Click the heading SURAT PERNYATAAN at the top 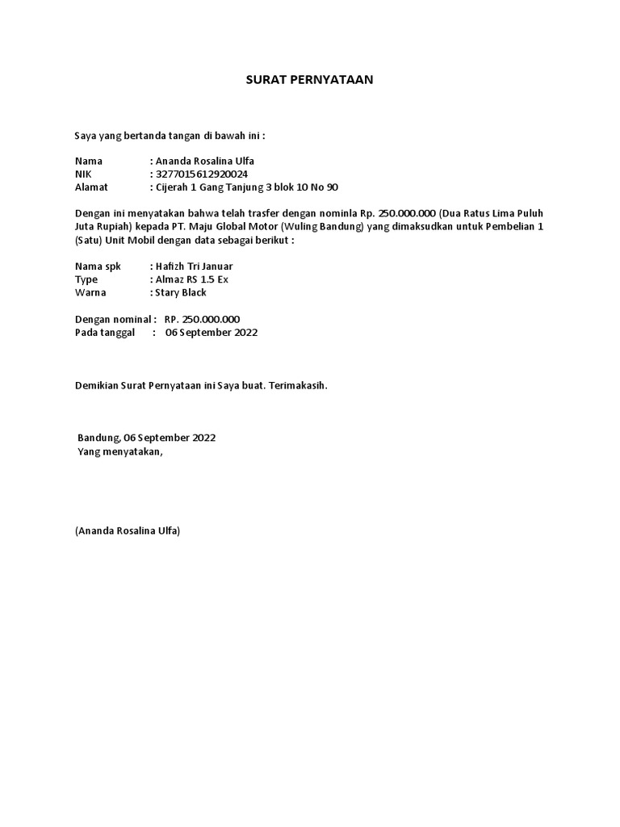pyautogui.click(x=309, y=80)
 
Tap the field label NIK pyautogui.click(x=84, y=174)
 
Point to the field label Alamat pyautogui.click(x=90, y=187)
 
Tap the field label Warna pyautogui.click(x=90, y=292)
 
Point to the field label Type pyautogui.click(x=86, y=279)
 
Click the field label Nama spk pyautogui.click(x=97, y=266)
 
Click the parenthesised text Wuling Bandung pyautogui.click(x=326, y=226)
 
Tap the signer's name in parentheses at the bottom pyautogui.click(x=128, y=531)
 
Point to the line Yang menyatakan pyautogui.click(x=119, y=451)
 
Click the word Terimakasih pyautogui.click(x=300, y=385)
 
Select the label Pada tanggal pyautogui.click(x=104, y=332)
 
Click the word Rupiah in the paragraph pyautogui.click(x=117, y=226)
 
